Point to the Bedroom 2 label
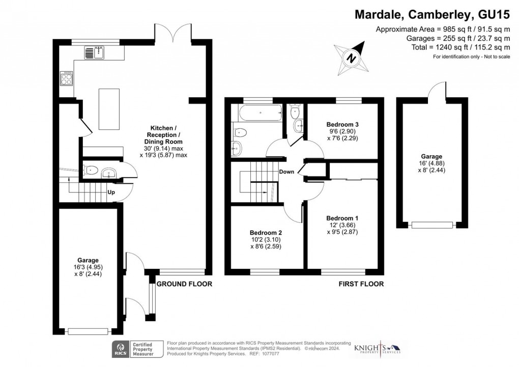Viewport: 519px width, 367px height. click(266, 233)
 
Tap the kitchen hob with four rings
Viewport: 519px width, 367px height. click(67, 78)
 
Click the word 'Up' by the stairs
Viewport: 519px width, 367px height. click(111, 192)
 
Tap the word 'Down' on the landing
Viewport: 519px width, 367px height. click(286, 172)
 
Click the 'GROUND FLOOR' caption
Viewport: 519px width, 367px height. click(184, 284)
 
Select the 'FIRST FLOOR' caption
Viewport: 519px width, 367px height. click(361, 284)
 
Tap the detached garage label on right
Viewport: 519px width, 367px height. click(431, 156)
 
